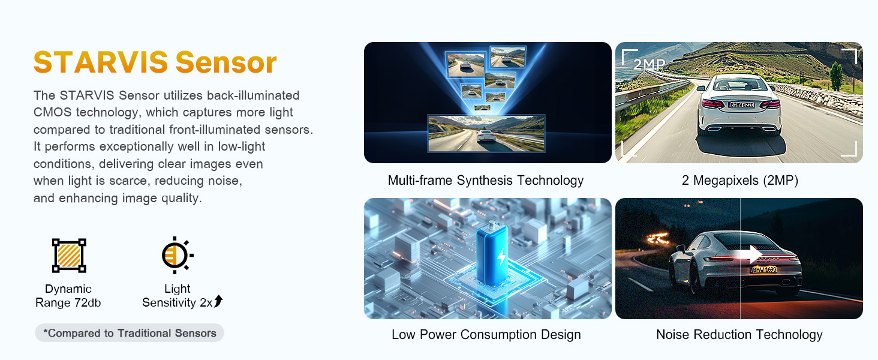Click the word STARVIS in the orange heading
101,62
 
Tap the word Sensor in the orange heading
226,62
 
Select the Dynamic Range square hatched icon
69,255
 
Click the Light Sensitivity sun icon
177,255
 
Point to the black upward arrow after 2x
218,301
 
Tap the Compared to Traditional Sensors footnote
130,333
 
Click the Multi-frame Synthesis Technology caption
486,181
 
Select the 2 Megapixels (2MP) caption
740,181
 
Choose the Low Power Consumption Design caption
486,335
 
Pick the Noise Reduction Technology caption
739,335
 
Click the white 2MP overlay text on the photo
650,64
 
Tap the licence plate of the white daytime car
741,105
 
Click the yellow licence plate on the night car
764,269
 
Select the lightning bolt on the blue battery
502,257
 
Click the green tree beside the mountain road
836,76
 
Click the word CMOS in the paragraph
53,112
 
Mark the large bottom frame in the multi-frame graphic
486,133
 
